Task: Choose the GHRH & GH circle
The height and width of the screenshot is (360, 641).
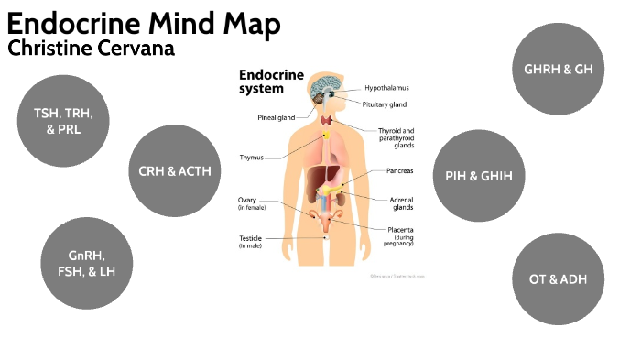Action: (x=558, y=70)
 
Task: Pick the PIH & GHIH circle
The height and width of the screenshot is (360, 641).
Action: (x=479, y=176)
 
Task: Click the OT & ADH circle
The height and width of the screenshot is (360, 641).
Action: (x=558, y=279)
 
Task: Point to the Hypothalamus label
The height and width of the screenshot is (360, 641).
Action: (x=386, y=88)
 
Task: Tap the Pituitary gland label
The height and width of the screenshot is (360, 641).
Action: (x=386, y=104)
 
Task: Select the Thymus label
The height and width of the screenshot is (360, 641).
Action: (x=252, y=157)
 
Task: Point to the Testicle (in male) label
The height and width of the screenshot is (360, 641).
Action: (x=252, y=242)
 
